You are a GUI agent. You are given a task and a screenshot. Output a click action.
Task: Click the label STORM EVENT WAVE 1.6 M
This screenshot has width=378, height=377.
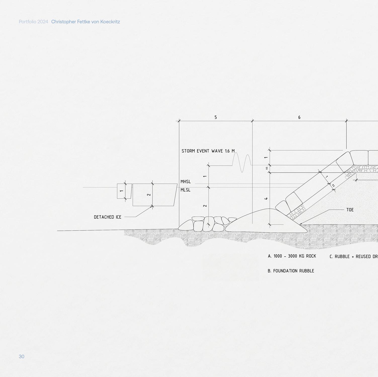[x=208, y=151]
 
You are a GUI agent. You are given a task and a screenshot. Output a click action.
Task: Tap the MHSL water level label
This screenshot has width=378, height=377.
[x=186, y=182]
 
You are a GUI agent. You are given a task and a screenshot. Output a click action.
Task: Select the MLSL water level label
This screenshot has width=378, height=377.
[x=185, y=190]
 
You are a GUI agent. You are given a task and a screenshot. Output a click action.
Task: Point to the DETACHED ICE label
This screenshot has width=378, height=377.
[x=107, y=217]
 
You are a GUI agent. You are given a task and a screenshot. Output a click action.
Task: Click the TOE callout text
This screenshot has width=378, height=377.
[x=350, y=210]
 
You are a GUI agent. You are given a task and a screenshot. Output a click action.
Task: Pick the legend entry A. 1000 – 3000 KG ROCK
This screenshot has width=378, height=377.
[x=292, y=256]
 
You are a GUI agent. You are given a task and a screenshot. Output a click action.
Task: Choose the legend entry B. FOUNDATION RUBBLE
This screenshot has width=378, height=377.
[x=291, y=271]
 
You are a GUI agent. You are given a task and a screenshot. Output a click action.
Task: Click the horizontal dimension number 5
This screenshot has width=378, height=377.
[x=216, y=117]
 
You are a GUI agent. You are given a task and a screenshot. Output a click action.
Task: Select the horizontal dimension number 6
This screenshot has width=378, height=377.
[x=299, y=117]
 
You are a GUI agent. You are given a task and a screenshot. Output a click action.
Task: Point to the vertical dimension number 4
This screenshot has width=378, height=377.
[x=266, y=199]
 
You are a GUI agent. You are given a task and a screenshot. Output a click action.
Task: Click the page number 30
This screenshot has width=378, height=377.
[x=22, y=356]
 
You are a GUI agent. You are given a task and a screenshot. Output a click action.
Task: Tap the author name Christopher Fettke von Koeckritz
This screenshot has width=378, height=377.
[x=86, y=22]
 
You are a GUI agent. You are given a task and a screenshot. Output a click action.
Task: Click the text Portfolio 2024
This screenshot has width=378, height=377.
[x=33, y=22]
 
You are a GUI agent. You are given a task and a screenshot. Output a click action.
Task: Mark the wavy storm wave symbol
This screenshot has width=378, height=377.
[x=242, y=163]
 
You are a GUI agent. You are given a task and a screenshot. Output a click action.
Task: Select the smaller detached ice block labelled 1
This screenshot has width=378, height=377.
[x=124, y=191]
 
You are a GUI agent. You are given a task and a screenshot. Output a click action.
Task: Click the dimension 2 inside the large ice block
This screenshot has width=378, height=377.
[x=149, y=195]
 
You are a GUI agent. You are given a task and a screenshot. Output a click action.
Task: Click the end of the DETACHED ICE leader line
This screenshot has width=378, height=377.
[x=152, y=207]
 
